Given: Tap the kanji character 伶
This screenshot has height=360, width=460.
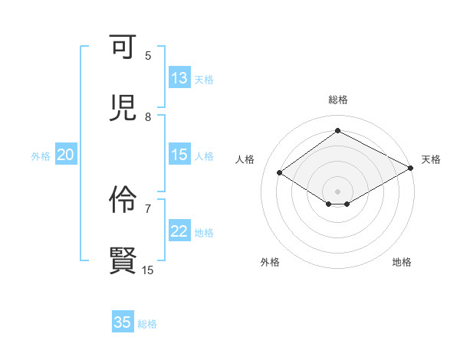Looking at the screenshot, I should [x=123, y=200].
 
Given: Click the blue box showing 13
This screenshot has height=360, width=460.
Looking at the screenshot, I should [x=179, y=78].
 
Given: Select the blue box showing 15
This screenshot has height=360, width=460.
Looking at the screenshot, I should [x=179, y=155].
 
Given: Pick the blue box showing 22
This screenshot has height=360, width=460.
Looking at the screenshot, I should [x=179, y=231].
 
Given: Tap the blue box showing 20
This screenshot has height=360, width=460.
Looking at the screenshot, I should [x=66, y=155].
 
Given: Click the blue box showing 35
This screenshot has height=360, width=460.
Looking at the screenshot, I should [x=123, y=322].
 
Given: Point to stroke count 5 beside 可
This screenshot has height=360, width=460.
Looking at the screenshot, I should [x=148, y=55].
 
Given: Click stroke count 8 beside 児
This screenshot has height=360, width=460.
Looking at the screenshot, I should [x=148, y=116].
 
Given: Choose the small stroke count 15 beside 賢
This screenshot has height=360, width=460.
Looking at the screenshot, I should [x=148, y=270].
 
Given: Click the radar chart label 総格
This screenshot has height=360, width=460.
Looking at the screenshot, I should [x=337, y=100].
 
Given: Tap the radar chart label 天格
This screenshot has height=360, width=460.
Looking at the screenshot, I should [x=431, y=159].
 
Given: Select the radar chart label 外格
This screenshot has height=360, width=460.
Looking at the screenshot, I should [x=270, y=262].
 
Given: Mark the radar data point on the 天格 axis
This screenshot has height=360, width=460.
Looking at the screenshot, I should [x=412, y=168].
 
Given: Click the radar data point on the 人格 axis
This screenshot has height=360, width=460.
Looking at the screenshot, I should [x=280, y=173].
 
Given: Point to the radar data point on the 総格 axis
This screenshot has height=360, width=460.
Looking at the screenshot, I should [x=337, y=131].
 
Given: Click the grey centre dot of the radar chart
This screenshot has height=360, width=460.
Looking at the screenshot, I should [x=337, y=191].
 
